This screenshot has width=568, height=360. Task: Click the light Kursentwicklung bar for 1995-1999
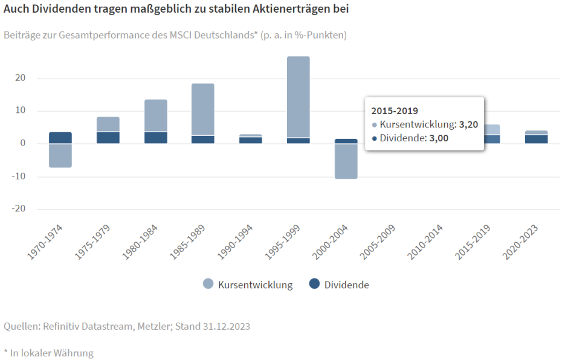(298, 97)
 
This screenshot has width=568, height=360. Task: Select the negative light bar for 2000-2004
(346, 161)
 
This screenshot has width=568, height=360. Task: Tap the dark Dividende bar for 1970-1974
(60, 138)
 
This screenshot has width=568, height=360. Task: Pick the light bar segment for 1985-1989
(203, 109)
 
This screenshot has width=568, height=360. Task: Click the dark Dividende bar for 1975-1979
(108, 138)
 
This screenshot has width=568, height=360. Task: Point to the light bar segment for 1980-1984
(156, 115)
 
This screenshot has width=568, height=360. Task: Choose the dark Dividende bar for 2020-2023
(536, 139)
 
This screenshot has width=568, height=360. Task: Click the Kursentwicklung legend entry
(248, 284)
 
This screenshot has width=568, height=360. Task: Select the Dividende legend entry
(339, 284)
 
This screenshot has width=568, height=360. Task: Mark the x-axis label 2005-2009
(378, 242)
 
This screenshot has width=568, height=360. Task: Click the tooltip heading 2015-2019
(394, 111)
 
